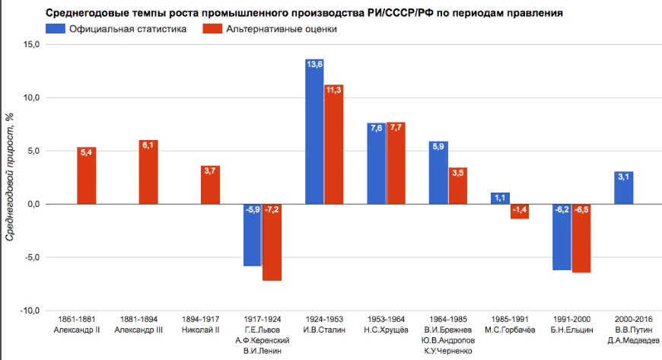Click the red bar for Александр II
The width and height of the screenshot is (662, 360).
(x=87, y=176)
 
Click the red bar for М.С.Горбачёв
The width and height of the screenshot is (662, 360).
(x=519, y=212)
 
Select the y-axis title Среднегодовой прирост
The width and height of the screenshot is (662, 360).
(x=10, y=175)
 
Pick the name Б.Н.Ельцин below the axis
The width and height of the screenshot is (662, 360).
(x=571, y=330)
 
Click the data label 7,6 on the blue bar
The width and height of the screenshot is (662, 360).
(x=376, y=128)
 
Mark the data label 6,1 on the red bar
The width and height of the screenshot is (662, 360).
(x=148, y=145)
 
